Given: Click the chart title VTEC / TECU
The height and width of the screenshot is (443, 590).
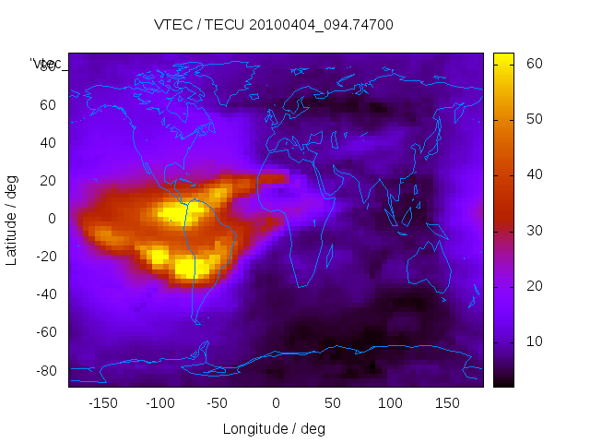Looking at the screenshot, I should (273, 25).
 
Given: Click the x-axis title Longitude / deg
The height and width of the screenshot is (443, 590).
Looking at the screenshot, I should (274, 429).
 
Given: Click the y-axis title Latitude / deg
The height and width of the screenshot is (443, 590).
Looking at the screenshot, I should (12, 218).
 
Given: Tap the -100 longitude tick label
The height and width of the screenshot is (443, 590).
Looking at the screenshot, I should (159, 403).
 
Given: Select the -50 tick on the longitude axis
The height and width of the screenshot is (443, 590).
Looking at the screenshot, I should (218, 403).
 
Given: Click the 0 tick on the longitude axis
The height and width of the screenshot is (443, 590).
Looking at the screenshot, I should (275, 403).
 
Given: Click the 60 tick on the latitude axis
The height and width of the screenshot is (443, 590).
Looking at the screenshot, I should (48, 104).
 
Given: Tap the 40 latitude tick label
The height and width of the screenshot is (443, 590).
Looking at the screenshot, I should (48, 142).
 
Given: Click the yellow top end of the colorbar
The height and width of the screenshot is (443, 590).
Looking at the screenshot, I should (503, 57).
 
